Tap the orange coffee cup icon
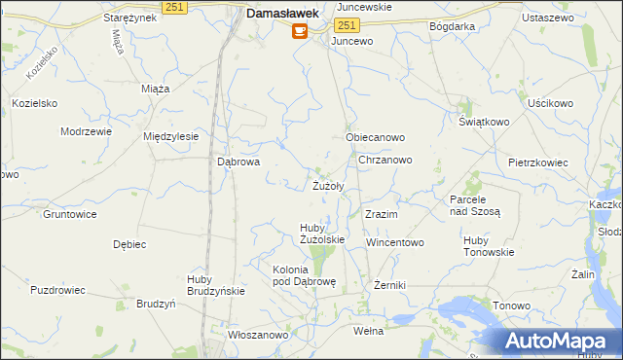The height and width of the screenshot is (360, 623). [x=298, y=31]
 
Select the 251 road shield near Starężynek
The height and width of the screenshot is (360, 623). [x=174, y=7]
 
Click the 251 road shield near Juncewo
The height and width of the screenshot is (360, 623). [x=348, y=23]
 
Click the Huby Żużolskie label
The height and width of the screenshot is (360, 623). [x=321, y=234]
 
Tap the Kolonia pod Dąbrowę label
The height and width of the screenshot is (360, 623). [x=304, y=275]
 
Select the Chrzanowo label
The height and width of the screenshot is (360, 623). [x=385, y=160]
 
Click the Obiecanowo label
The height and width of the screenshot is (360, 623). [x=375, y=138]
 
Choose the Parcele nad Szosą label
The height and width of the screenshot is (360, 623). [x=474, y=205]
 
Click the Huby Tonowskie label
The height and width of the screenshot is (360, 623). [x=489, y=246]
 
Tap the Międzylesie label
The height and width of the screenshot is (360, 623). [x=170, y=136]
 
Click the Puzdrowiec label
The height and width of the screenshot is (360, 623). [x=58, y=290]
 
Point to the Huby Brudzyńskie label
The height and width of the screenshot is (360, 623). [x=215, y=285]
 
